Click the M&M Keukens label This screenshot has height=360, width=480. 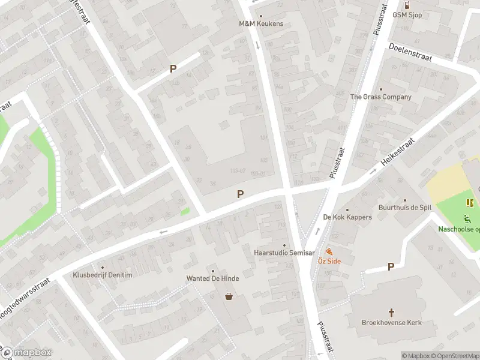[x=261, y=24]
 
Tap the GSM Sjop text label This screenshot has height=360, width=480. [x=407, y=14]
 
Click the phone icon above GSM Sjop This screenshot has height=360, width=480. [x=407, y=5]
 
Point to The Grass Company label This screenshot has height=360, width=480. [x=381, y=97]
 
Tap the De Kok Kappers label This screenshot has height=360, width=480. [x=347, y=217]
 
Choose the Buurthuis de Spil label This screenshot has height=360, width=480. [x=405, y=208]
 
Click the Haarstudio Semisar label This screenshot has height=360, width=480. [x=284, y=253]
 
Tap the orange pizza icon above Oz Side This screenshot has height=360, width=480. [x=329, y=251]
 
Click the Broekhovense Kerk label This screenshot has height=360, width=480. [x=392, y=322]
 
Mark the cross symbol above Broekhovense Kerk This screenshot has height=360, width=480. [x=392, y=313]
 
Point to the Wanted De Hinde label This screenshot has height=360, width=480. [x=212, y=278]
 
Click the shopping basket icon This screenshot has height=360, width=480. [x=229, y=296]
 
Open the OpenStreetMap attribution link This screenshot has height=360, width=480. [x=454, y=356]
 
